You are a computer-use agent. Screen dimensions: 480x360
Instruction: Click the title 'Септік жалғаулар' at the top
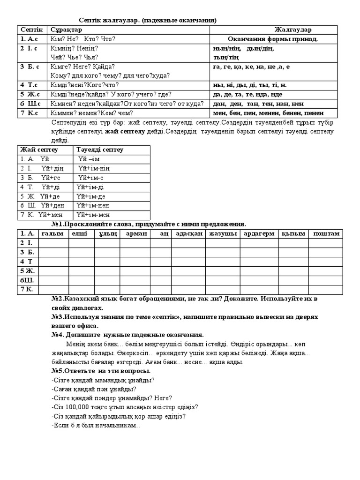click(109, 20)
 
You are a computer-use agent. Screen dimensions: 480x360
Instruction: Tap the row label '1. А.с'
click(29, 39)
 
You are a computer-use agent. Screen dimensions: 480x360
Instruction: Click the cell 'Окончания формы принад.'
click(272, 39)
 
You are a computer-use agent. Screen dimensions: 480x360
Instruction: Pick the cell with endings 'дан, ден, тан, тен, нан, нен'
click(258, 104)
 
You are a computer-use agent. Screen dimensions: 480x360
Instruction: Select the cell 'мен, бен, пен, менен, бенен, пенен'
click(268, 113)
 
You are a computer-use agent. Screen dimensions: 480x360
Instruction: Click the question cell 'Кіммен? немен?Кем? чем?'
click(91, 113)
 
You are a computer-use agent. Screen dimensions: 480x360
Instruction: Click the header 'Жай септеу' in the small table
click(38, 150)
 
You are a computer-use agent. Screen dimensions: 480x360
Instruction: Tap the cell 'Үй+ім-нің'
click(94, 168)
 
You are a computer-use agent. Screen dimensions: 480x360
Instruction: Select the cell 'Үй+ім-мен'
click(94, 215)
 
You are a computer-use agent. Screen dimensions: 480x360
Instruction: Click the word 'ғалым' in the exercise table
click(52, 233)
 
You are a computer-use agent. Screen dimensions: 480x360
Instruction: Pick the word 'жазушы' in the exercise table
click(223, 233)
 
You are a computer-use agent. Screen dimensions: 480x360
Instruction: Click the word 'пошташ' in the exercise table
click(326, 233)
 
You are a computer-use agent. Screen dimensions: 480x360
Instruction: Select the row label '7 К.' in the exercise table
click(26, 289)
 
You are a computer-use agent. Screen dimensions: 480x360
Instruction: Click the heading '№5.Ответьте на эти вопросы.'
click(101, 370)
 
